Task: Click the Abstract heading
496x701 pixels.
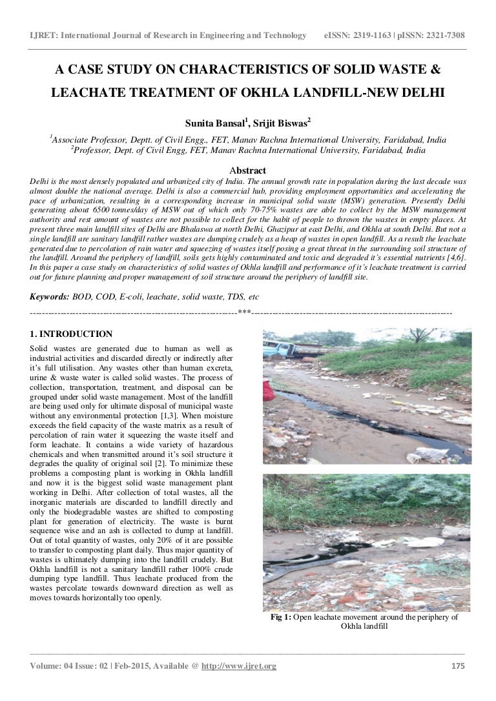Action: pyautogui.click(x=248, y=170)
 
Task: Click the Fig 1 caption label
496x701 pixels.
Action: pyautogui.click(x=281, y=617)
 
